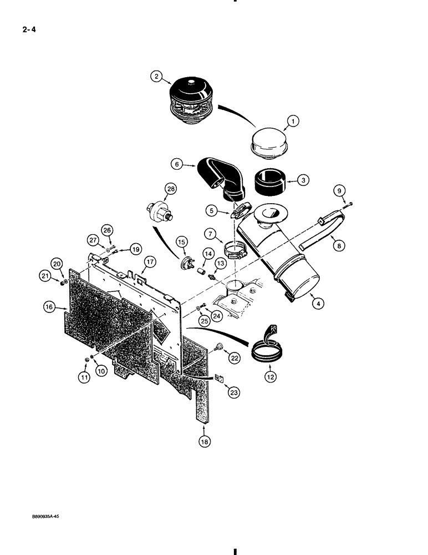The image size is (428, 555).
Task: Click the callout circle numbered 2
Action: [156, 77]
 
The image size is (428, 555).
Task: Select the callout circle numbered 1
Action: [292, 120]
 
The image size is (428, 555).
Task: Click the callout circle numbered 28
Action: [170, 190]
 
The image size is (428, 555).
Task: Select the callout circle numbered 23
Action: [235, 392]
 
